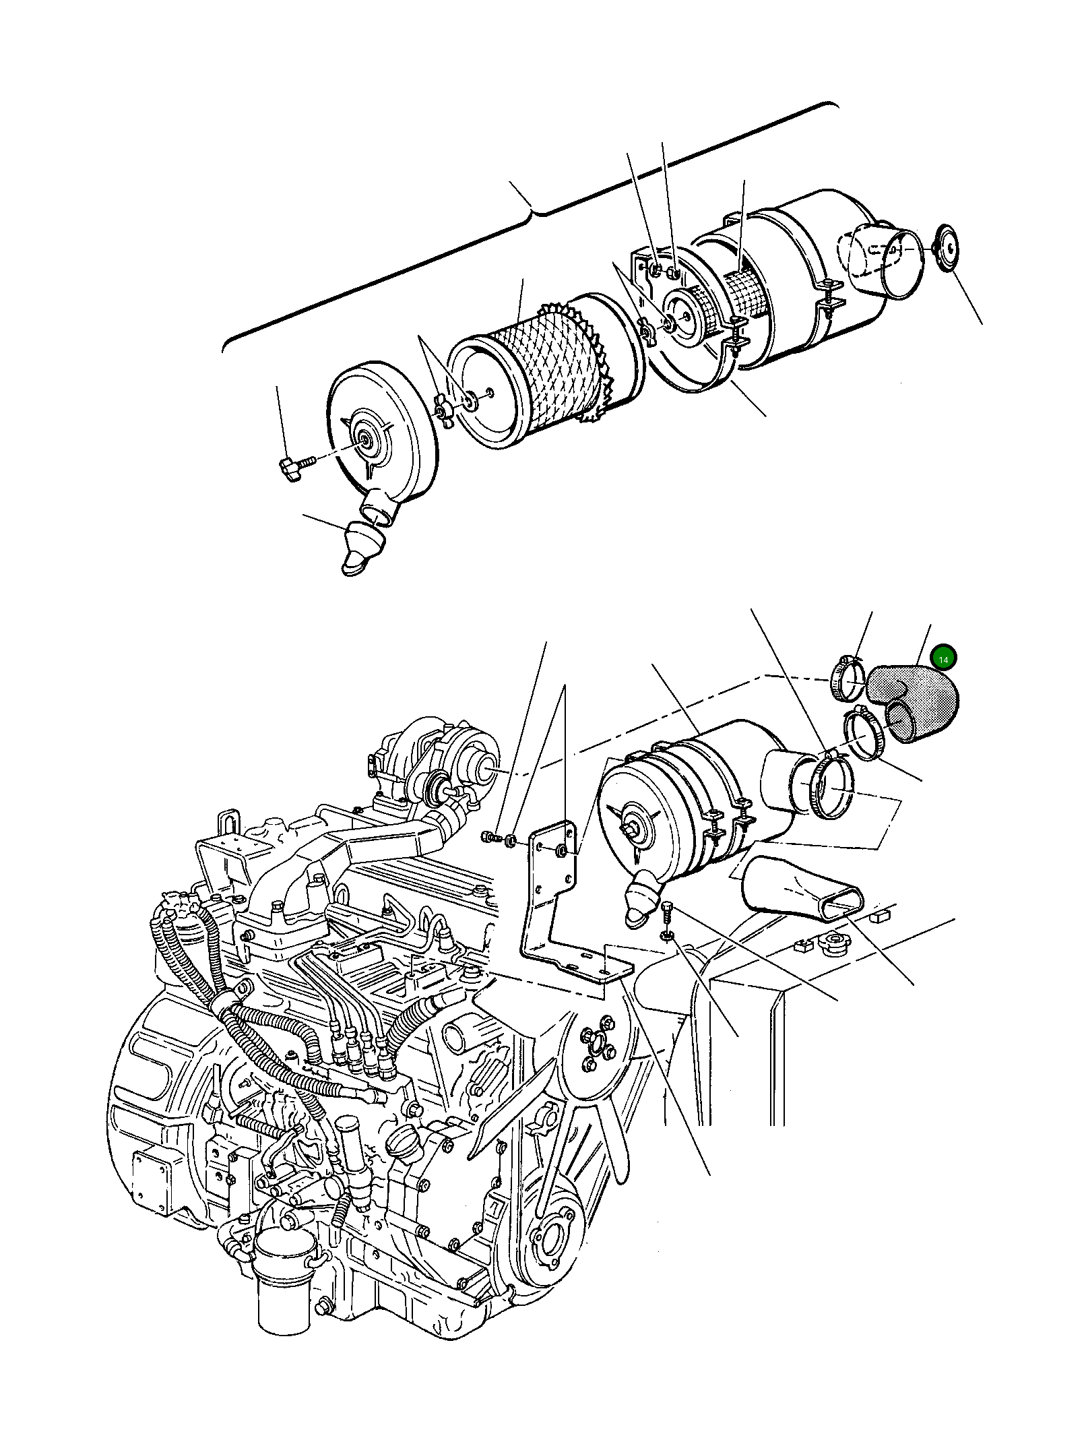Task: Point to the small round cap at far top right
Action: click(x=948, y=249)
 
